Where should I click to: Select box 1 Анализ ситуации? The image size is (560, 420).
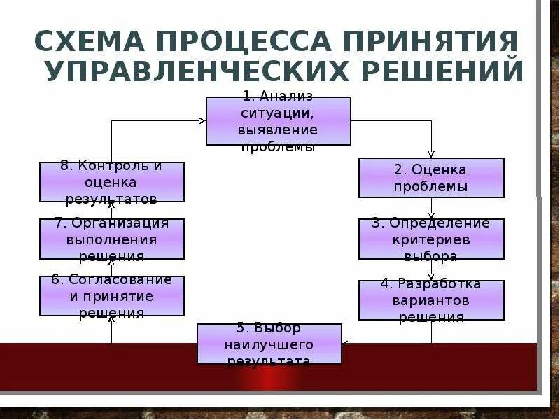278,121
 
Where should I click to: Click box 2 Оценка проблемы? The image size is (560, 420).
431,178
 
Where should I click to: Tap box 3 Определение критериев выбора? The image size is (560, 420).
431,239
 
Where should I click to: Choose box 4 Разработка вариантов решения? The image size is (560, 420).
431,300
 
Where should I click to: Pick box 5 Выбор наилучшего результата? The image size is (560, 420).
269,344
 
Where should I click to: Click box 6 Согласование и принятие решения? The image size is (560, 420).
112,296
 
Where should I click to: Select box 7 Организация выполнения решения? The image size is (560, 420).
112,239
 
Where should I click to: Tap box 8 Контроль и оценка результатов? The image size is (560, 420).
112,182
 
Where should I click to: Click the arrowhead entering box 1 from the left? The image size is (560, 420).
202,120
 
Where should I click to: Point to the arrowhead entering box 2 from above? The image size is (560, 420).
431,155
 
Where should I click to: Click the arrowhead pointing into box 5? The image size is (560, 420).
345,344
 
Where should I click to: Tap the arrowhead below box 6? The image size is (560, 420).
112,320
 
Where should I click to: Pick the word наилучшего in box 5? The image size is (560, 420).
269,344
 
